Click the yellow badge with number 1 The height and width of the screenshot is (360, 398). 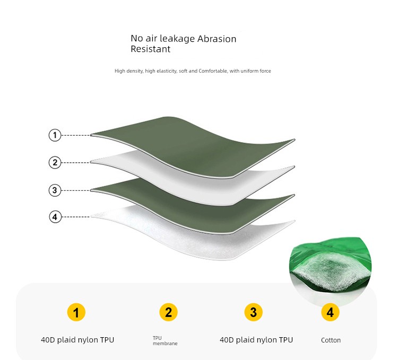(x=76, y=312)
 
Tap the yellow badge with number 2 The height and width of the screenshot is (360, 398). (x=169, y=312)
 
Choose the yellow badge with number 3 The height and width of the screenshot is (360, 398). (x=253, y=312)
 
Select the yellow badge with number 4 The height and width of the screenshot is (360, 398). (x=330, y=312)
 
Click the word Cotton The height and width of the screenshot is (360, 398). (x=331, y=340)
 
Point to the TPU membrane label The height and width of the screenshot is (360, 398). (x=165, y=341)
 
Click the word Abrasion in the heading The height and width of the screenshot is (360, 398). (x=217, y=39)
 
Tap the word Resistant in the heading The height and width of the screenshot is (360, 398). (x=151, y=49)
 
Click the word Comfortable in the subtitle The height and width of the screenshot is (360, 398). (x=213, y=71)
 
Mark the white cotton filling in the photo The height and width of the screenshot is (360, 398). (x=330, y=271)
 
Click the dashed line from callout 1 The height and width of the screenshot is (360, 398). (x=76, y=135)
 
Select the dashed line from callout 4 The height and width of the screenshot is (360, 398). (x=76, y=217)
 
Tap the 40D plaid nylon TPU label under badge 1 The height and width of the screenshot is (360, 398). (x=77, y=340)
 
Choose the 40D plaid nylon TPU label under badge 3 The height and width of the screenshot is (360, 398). (x=256, y=340)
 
